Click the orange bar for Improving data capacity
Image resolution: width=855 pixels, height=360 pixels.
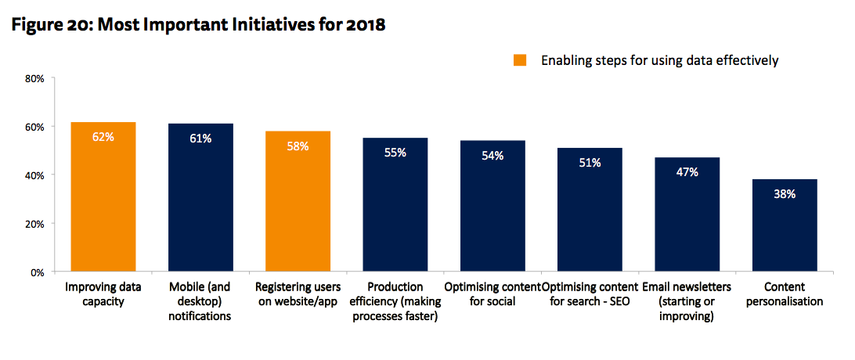[103, 196]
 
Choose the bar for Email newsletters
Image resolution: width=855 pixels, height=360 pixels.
[687, 214]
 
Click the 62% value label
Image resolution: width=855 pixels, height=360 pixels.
[103, 136]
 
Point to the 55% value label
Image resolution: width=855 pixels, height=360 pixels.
[395, 153]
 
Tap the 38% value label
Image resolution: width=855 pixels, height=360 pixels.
[785, 194]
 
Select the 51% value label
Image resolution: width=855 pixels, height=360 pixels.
[590, 163]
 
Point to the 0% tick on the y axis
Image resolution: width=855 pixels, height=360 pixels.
[36, 272]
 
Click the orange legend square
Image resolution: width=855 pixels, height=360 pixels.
[520, 60]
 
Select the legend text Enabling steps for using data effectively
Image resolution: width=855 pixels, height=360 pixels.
[659, 60]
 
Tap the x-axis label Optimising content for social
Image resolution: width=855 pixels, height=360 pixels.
[492, 294]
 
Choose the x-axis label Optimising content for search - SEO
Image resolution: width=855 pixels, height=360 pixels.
[590, 294]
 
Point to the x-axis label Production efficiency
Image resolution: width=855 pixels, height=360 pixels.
[395, 301]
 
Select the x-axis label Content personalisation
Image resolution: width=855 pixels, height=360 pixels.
[785, 294]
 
